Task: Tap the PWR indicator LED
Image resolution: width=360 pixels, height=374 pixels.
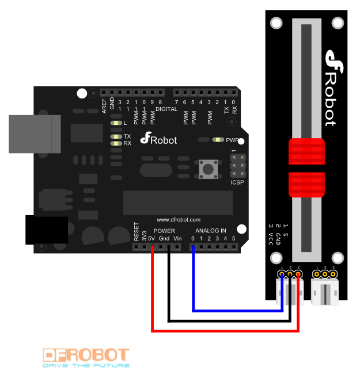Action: [x=218, y=140]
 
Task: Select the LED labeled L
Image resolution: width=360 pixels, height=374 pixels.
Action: [x=118, y=123]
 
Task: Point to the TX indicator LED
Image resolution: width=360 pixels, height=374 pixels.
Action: [x=118, y=136]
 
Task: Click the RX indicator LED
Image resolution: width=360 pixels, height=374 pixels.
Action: [x=118, y=143]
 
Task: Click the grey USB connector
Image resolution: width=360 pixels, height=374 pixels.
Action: [x=35, y=133]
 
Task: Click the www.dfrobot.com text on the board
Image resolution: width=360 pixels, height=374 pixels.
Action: [x=179, y=220]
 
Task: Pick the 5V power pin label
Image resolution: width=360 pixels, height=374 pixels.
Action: [x=151, y=238]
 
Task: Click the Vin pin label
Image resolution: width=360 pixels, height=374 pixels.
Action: [x=177, y=238]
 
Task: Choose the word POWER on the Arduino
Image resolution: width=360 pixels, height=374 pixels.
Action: [x=164, y=231]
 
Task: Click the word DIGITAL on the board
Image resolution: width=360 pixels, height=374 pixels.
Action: [x=166, y=109]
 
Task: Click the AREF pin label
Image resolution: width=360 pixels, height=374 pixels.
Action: [x=104, y=106]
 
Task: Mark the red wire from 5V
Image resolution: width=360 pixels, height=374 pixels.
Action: [x=225, y=330]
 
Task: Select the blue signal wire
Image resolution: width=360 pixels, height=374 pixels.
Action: [x=236, y=311]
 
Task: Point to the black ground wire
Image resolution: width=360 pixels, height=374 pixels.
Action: [x=230, y=320]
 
